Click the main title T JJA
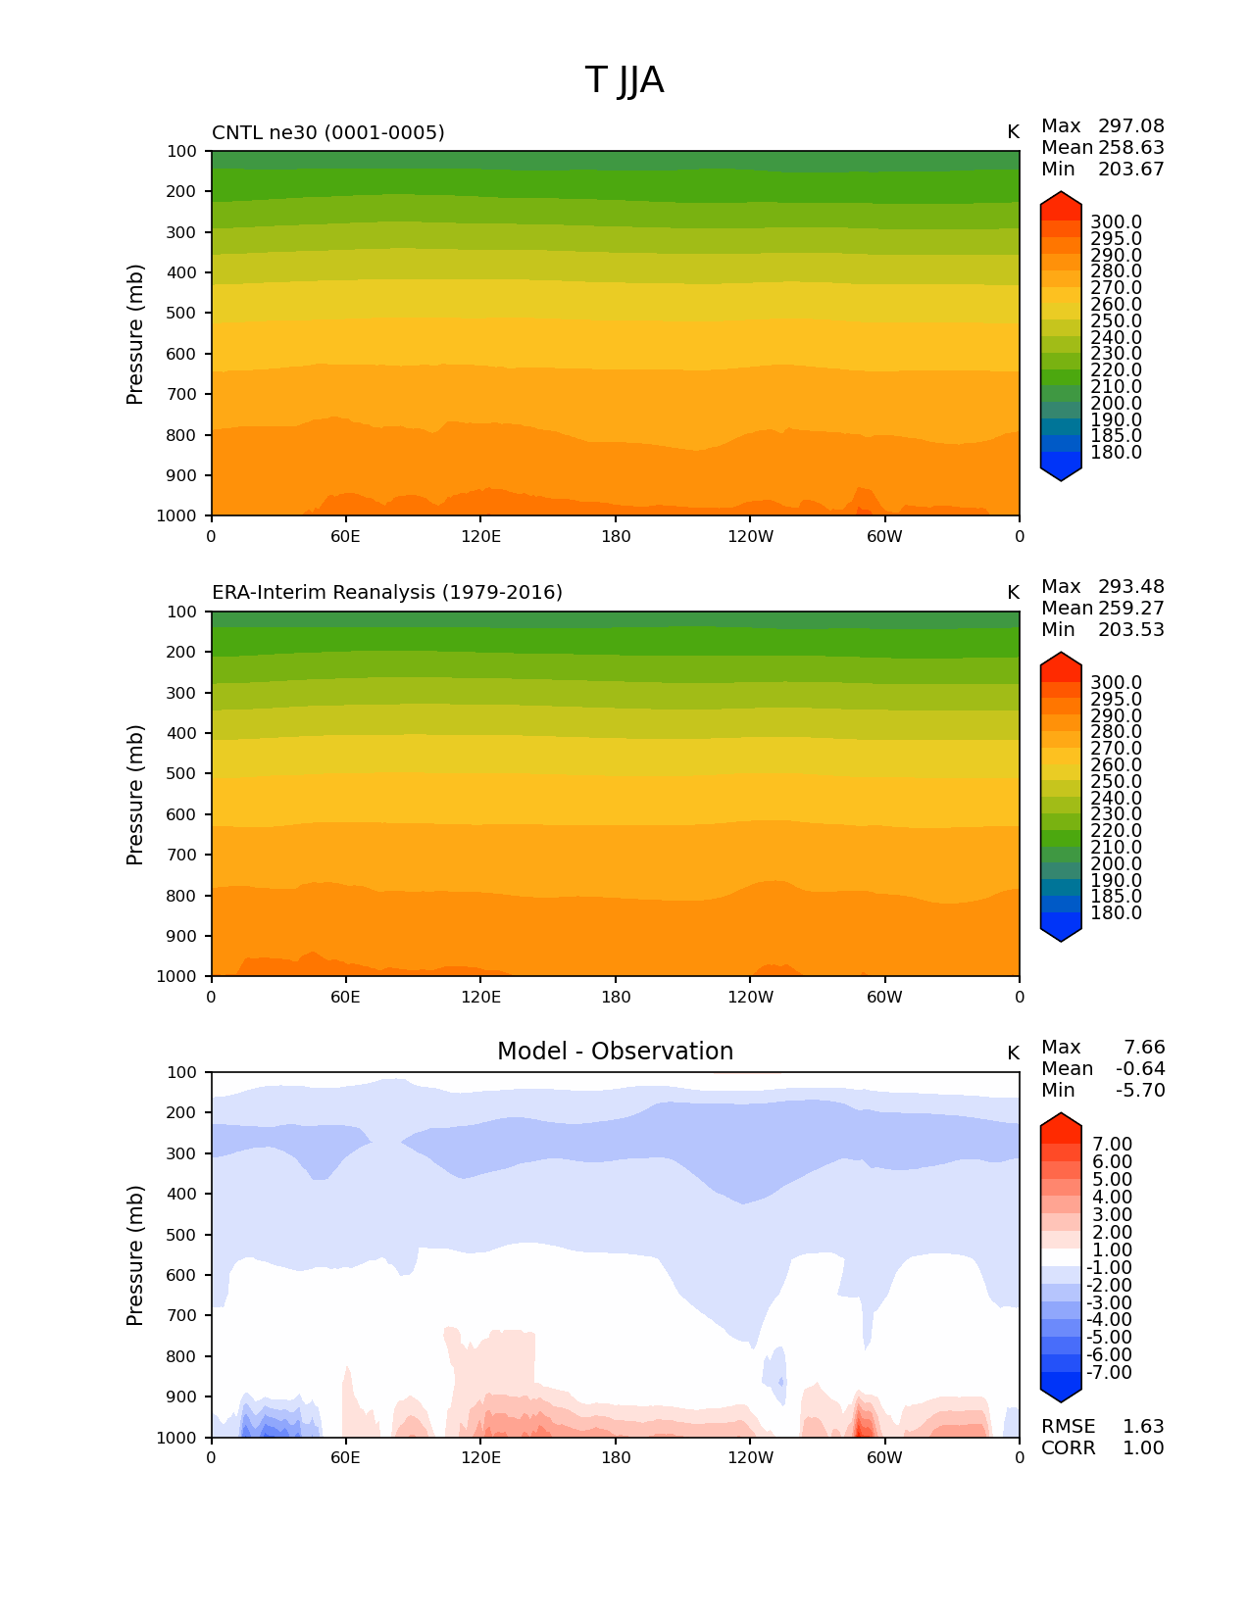tap(625, 80)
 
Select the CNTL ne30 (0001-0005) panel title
tap(327, 132)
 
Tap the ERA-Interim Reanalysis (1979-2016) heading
tap(386, 593)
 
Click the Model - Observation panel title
tap(615, 1052)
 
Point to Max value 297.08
tap(1130, 126)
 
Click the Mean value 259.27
tap(1130, 609)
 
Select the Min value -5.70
tap(1139, 1091)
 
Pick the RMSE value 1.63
tap(1142, 1427)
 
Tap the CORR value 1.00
tap(1142, 1448)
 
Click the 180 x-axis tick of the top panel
tap(616, 537)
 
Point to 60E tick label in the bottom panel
tap(345, 1458)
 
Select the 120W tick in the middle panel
tap(750, 998)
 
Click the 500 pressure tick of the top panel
tap(181, 314)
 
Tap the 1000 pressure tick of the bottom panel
tap(177, 1438)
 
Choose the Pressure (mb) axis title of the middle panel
tap(135, 795)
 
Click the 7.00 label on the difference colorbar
tap(1112, 1145)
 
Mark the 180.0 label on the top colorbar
tap(1116, 453)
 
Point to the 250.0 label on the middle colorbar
tap(1116, 782)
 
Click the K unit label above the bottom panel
tap(1013, 1053)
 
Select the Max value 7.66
tap(1143, 1048)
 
